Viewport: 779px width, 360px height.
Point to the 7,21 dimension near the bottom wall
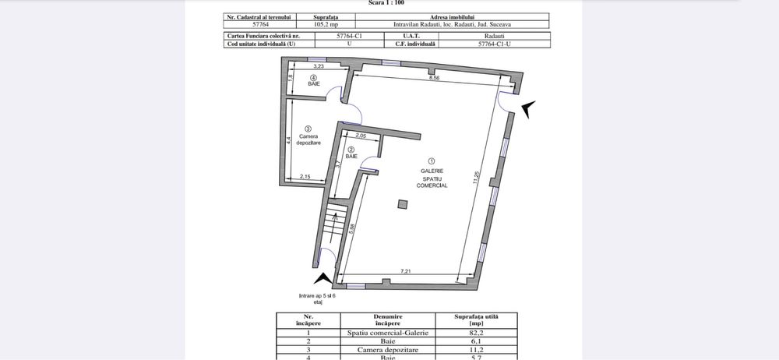click(406, 270)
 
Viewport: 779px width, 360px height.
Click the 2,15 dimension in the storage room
click(305, 178)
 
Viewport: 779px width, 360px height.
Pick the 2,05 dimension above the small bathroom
click(361, 136)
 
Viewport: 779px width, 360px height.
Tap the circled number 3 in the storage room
click(308, 129)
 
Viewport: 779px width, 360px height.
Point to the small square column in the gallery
click(402, 205)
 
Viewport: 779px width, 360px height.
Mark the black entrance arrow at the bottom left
click(323, 278)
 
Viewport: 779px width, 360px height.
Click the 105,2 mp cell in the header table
click(326, 24)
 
